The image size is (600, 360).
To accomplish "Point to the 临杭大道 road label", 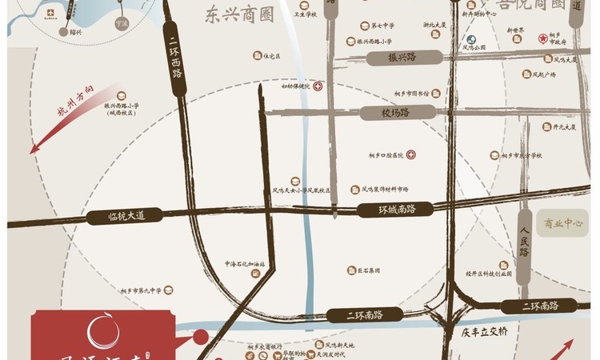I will click(129, 216).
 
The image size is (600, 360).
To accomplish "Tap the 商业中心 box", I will click(564, 224).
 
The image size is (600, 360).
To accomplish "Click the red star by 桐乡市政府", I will click(542, 38).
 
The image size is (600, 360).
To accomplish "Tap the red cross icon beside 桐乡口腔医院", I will click(411, 154).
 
